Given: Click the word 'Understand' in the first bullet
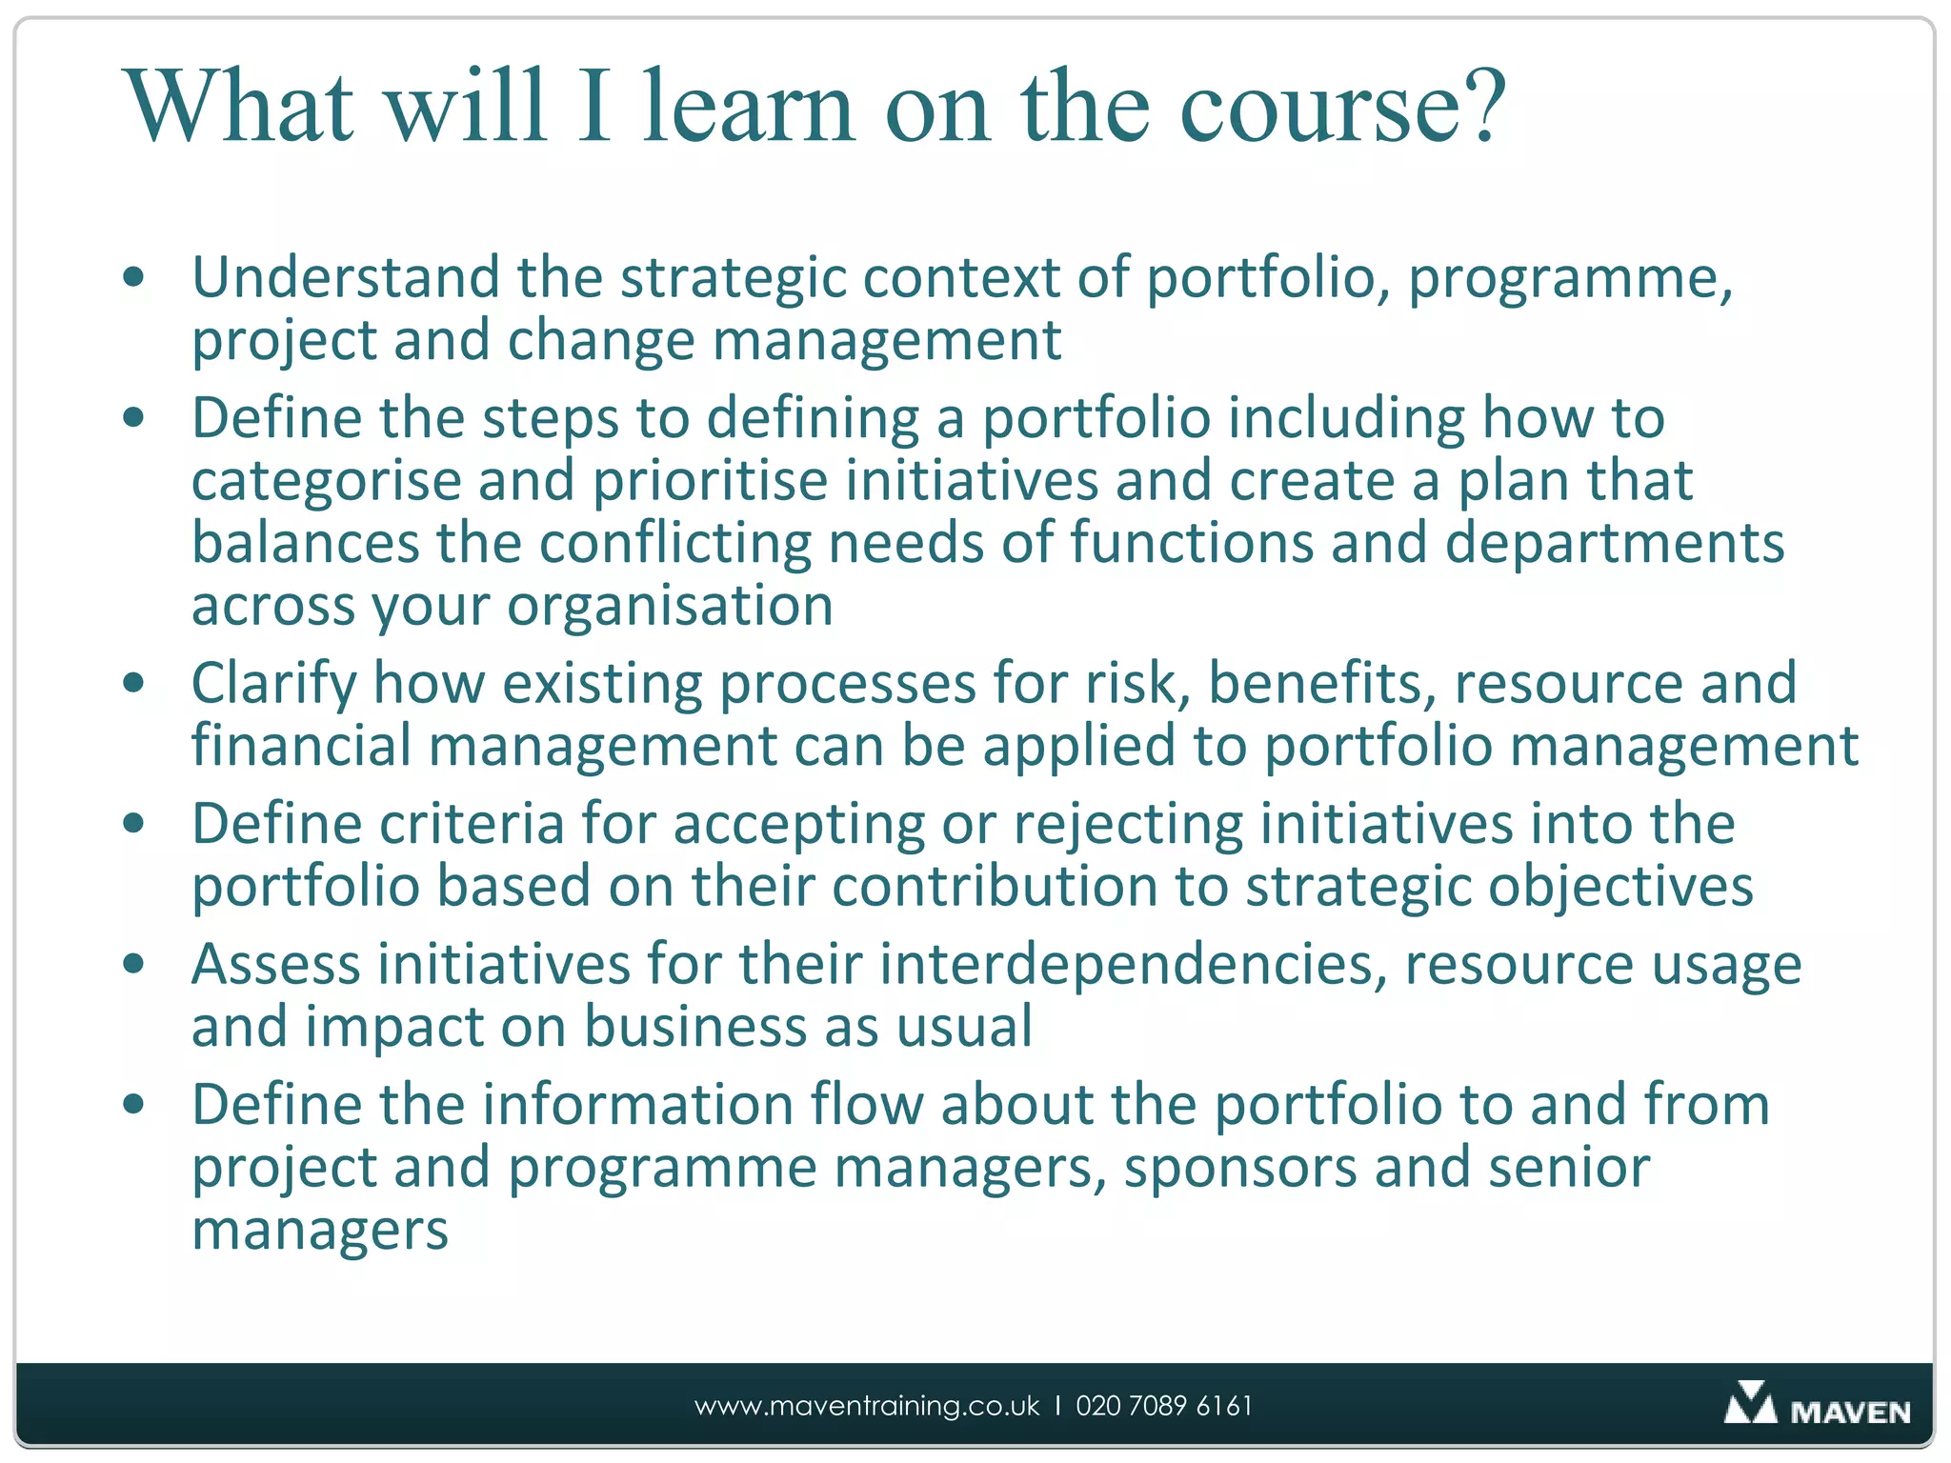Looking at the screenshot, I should [345, 278].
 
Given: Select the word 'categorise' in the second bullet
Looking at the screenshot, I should [325, 482].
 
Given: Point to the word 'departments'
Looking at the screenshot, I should [1614, 544].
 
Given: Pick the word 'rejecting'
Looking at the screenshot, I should [1128, 825].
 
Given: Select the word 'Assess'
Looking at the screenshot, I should [276, 965].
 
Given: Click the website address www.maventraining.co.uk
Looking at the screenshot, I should [867, 1406].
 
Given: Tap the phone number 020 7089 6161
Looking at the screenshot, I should [1163, 1406].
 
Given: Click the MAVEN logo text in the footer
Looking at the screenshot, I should [1849, 1412].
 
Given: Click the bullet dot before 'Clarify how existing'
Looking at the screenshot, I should [133, 683].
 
